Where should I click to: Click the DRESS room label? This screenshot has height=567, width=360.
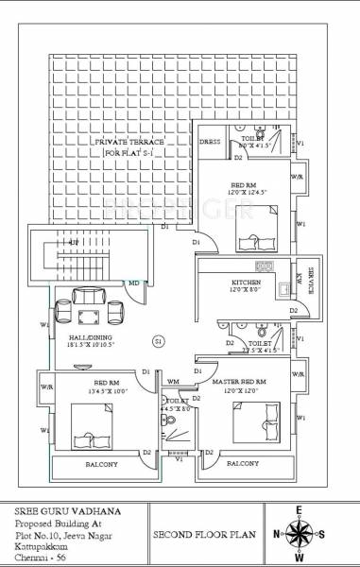coord(210,141)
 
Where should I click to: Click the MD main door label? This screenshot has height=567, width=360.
coord(134,283)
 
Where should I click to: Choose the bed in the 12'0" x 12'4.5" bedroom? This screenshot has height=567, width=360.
coord(254,221)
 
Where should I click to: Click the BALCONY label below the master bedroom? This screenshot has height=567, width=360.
coord(243,465)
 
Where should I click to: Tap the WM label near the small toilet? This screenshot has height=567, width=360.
coord(173,382)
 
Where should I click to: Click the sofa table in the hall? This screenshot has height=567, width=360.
coord(91,307)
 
